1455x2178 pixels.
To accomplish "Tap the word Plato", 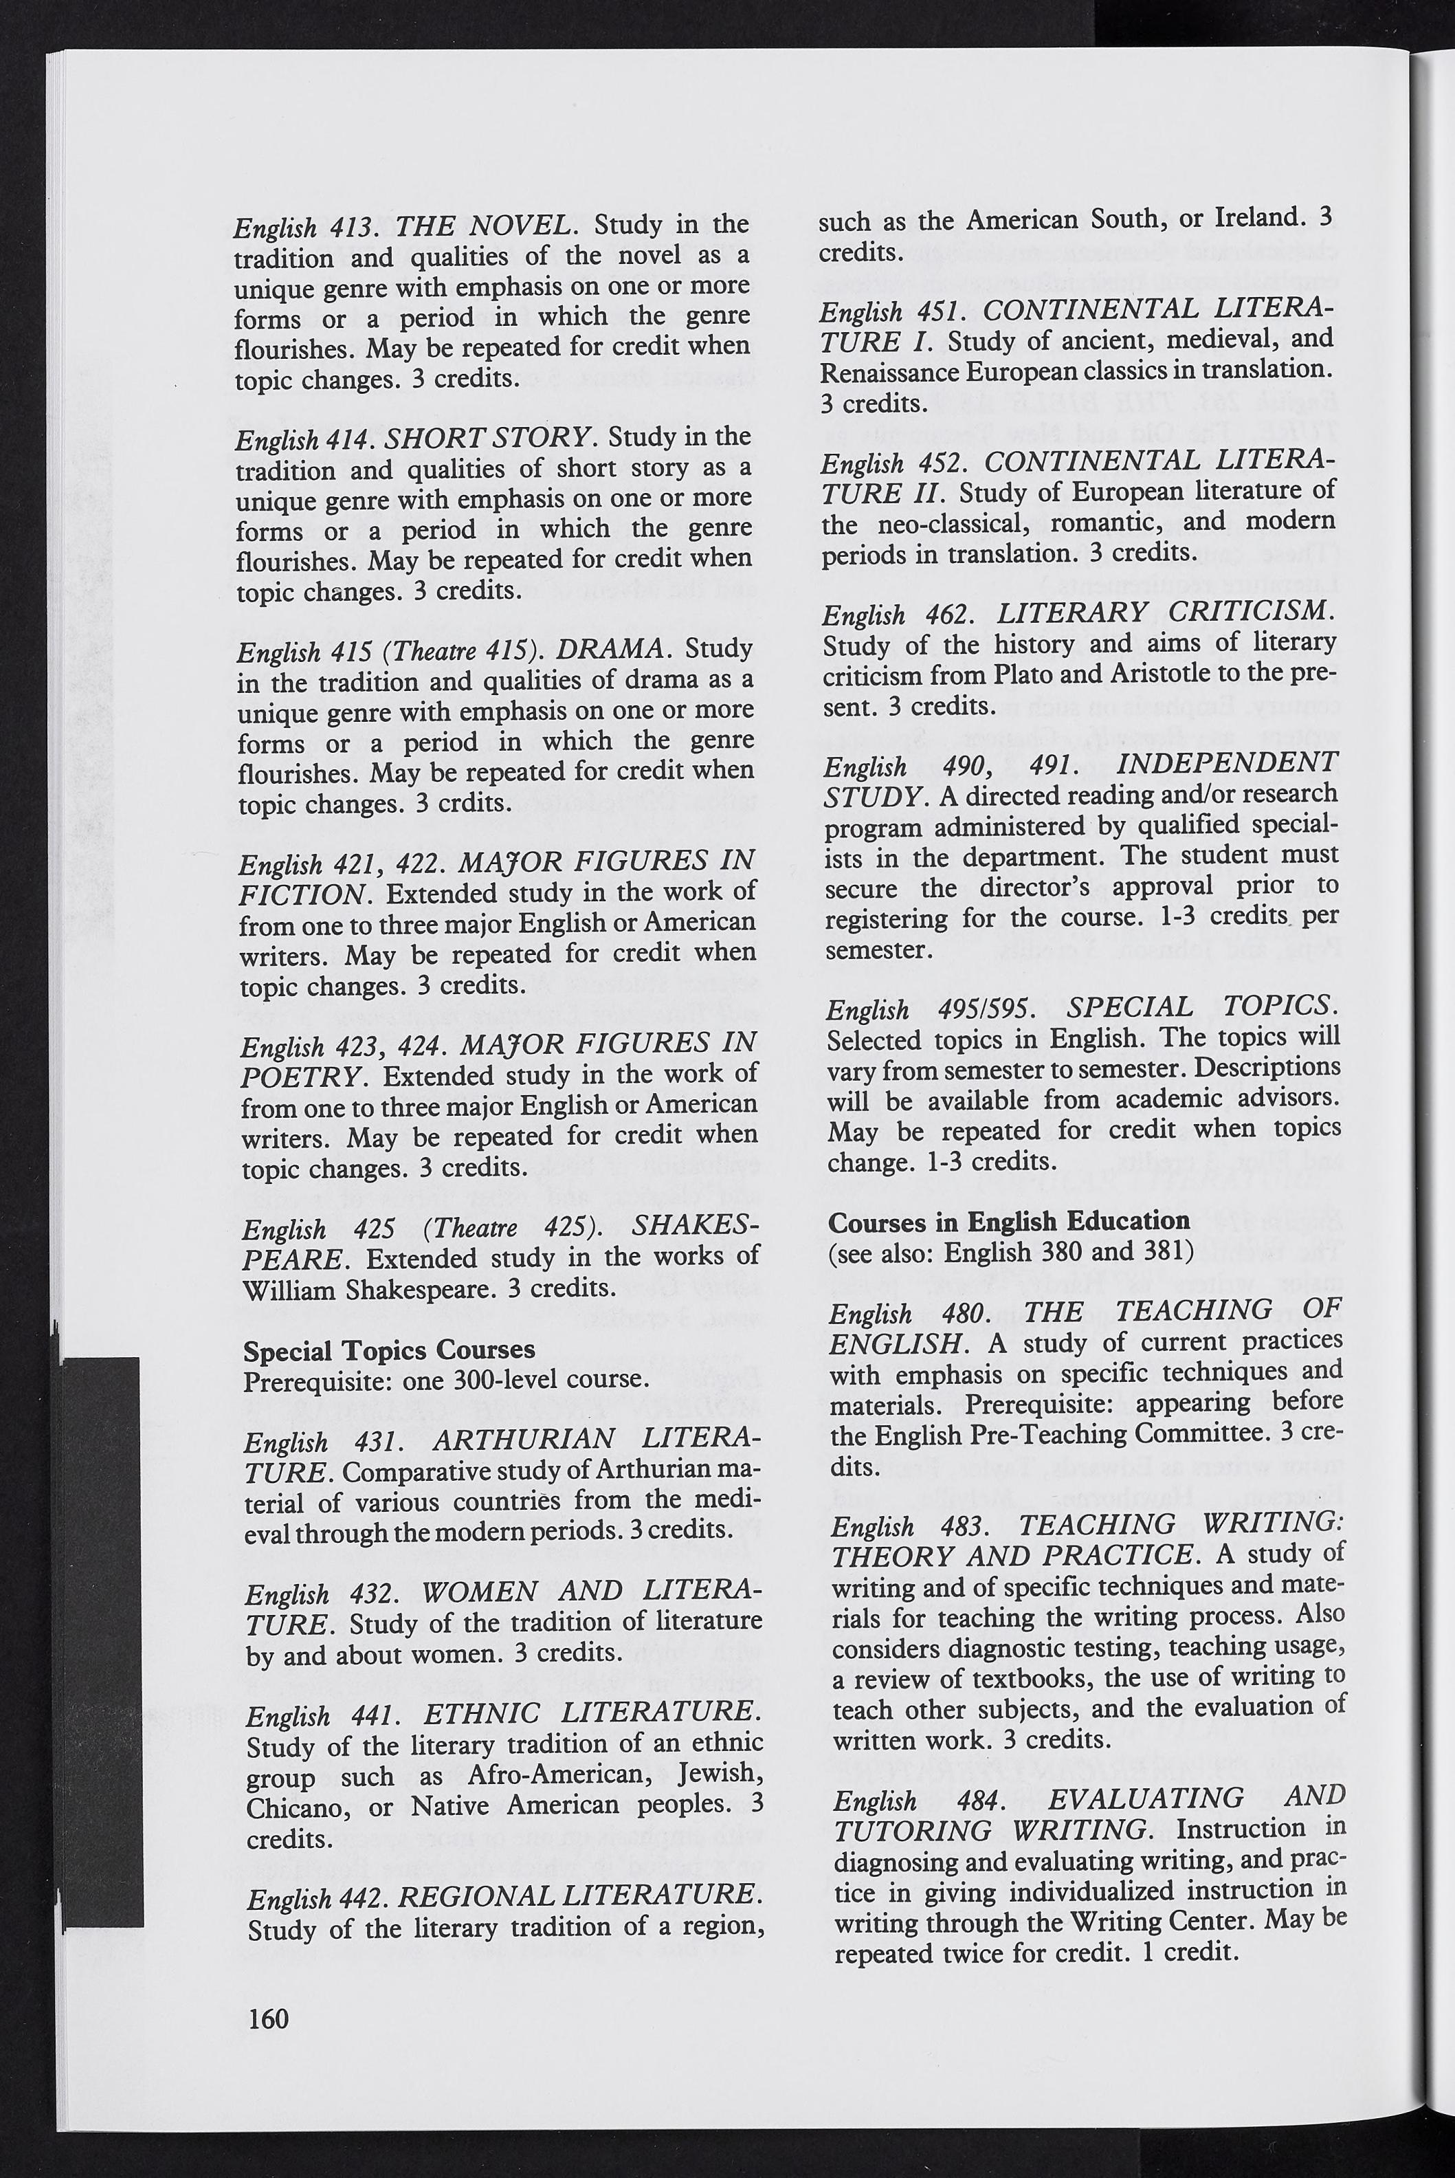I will [1028, 674].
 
